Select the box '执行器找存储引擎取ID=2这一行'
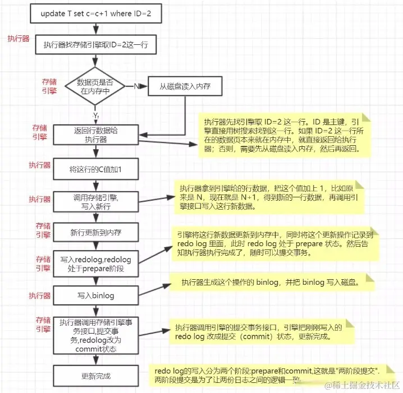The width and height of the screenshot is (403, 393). pos(96,45)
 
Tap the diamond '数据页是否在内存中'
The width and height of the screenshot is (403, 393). pos(96,86)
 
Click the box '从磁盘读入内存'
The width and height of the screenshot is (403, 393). pos(186,87)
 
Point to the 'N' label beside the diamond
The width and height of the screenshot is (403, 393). pos(136,87)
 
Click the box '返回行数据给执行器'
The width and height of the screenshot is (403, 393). pos(96,135)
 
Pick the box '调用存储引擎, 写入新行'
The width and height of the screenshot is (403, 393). pos(96,202)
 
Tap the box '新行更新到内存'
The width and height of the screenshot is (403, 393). pos(96,232)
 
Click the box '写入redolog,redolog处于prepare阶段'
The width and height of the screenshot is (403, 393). pos(96,264)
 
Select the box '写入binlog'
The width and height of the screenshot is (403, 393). pos(96,294)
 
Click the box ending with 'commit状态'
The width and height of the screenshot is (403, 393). pos(96,335)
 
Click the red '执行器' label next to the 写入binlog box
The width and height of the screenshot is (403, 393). pos(39,295)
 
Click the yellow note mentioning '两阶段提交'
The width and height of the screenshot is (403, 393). pos(267,376)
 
